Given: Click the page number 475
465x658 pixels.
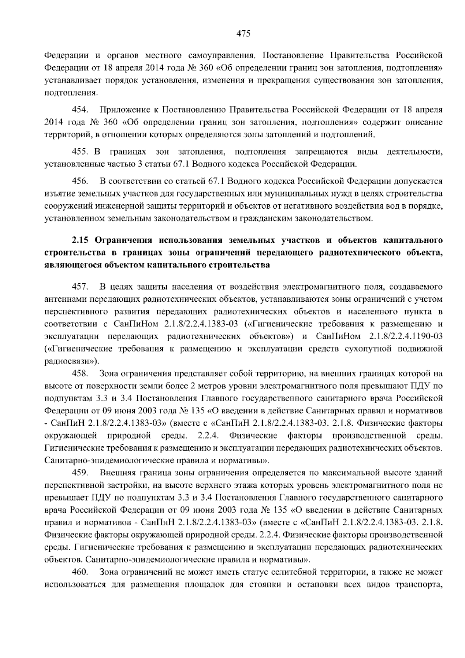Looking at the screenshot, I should click(x=243, y=34).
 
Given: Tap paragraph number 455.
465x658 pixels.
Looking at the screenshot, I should click(x=80, y=151).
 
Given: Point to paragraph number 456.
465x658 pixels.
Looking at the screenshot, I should click(x=80, y=181).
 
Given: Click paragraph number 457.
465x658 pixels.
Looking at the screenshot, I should click(x=80, y=287).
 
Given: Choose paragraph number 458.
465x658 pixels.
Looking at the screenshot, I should click(x=80, y=374).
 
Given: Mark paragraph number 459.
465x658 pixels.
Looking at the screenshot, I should click(x=80, y=473).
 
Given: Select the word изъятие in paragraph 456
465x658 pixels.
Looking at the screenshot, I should click(x=57, y=193).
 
